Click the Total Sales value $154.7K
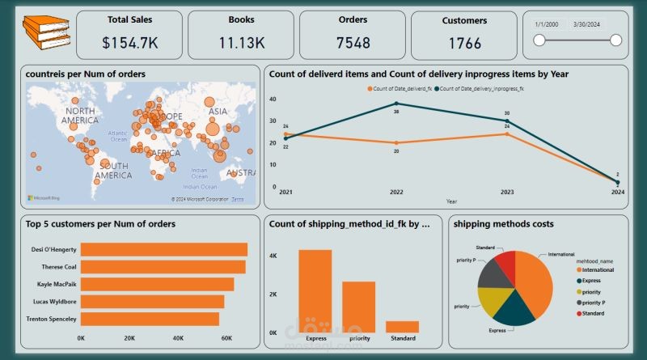[128, 43]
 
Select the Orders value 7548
[351, 43]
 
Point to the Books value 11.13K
[240, 43]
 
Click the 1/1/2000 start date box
[548, 24]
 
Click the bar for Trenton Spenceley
[150, 319]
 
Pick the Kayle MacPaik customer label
[53, 284]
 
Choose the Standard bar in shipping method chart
[402, 326]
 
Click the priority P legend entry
[593, 301]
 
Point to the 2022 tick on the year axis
[397, 193]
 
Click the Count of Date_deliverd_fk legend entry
[399, 87]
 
